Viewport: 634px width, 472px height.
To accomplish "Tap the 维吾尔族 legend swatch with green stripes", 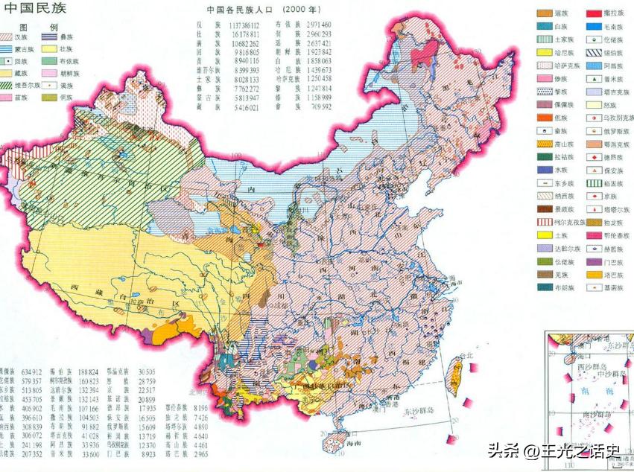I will [x=13, y=85].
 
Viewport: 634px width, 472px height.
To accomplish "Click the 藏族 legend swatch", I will [x=13, y=73].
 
